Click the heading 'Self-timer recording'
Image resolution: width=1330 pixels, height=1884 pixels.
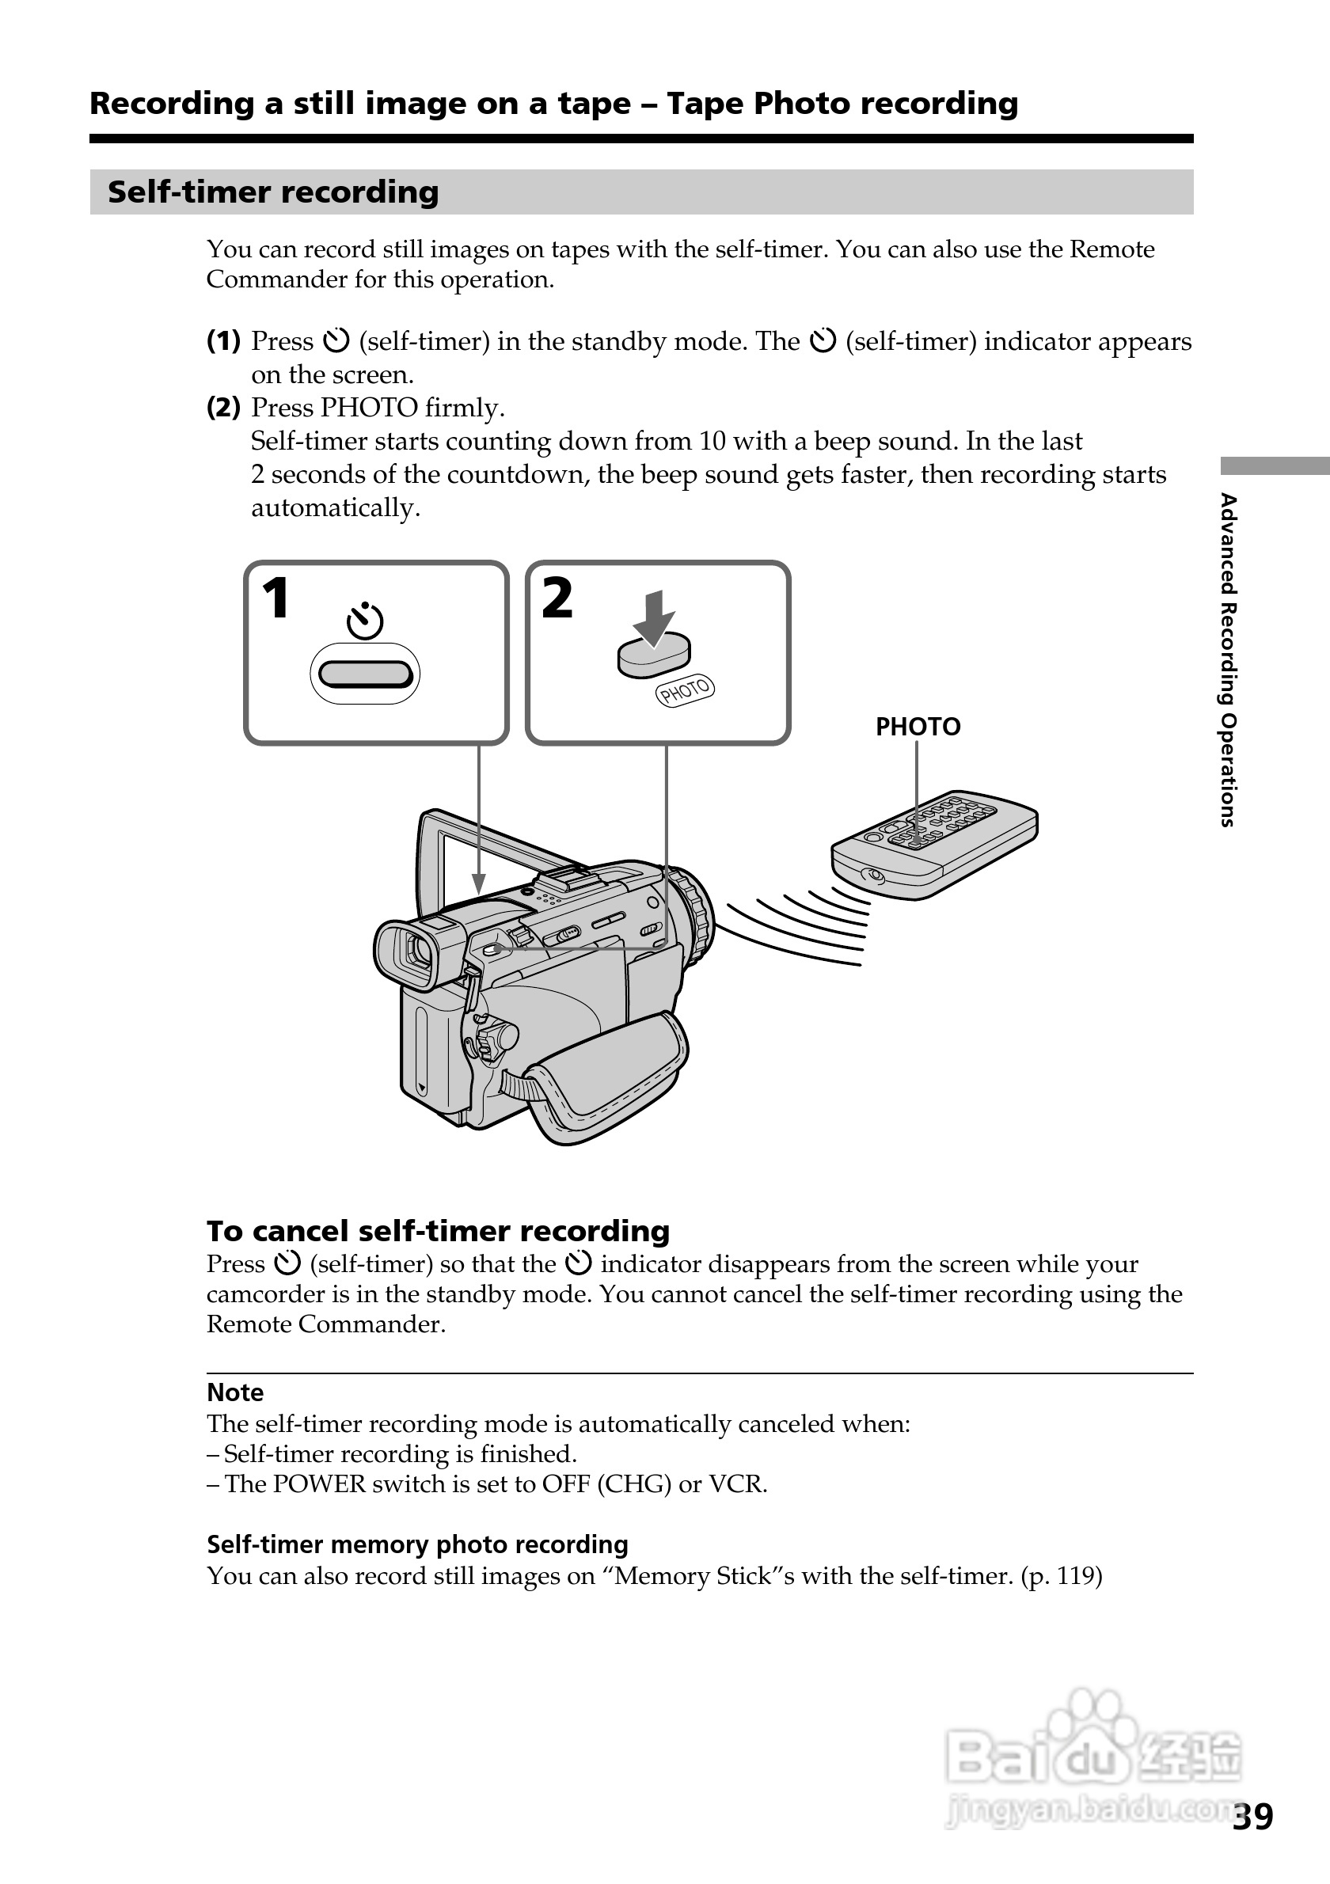click(273, 192)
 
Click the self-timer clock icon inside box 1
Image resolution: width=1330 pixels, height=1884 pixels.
click(365, 621)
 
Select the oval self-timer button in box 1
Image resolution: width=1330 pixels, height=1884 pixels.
click(365, 674)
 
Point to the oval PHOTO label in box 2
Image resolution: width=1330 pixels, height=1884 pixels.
click(685, 690)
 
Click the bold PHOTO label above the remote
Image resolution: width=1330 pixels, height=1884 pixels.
click(918, 727)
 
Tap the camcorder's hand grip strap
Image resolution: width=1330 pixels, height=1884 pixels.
click(607, 1074)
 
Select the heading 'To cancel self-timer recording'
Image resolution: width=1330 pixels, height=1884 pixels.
click(438, 1231)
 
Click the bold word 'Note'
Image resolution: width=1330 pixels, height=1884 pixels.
click(235, 1392)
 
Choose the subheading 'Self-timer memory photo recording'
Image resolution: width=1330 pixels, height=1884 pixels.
click(416, 1544)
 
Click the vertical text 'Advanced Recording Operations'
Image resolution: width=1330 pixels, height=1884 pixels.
click(1227, 659)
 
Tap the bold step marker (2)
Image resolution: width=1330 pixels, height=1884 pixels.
click(223, 408)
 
